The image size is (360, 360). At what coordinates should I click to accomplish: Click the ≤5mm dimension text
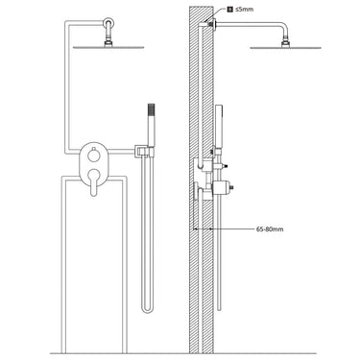(245, 10)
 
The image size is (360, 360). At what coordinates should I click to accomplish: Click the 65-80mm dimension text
(270, 229)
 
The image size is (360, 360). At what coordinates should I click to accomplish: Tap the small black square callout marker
(229, 10)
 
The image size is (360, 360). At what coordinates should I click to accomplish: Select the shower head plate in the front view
(108, 47)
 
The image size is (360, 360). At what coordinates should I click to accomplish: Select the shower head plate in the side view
(285, 48)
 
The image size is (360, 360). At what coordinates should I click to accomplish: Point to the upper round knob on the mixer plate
(94, 155)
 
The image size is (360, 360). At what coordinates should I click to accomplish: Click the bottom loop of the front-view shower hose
(148, 310)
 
